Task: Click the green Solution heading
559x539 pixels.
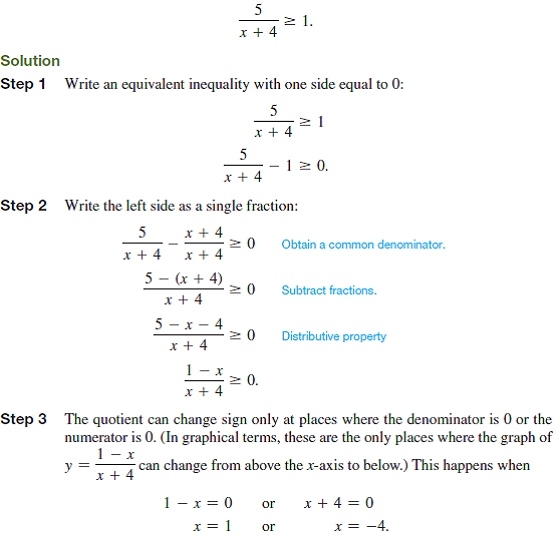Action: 30,61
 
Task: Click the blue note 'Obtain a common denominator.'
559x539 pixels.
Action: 363,244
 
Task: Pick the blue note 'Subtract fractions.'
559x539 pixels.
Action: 328,290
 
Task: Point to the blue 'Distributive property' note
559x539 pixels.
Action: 333,336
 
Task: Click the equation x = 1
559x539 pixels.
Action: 212,526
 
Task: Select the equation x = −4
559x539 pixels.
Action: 361,526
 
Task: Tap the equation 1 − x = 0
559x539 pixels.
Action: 198,503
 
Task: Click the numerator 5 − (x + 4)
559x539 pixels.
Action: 183,278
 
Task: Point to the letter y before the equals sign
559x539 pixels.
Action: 68,466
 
